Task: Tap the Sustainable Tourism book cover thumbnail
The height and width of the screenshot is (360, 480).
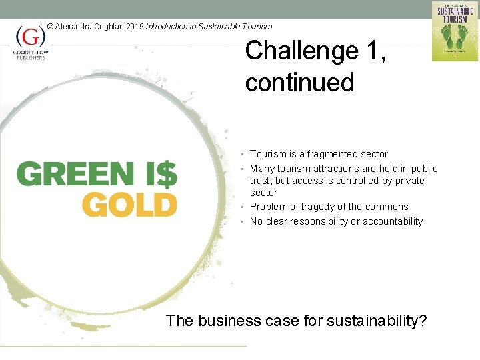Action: click(455, 31)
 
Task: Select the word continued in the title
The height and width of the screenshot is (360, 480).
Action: click(299, 83)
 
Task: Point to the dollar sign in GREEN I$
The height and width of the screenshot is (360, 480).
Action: click(168, 174)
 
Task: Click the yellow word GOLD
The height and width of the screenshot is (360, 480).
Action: click(129, 205)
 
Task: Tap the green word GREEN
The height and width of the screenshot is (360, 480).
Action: click(75, 174)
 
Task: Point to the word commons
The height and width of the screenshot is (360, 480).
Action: click(390, 207)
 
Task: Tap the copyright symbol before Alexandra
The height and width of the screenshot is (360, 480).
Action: click(50, 27)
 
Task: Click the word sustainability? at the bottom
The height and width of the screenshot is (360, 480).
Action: click(377, 321)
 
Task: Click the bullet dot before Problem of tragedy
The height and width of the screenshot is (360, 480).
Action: click(245, 207)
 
